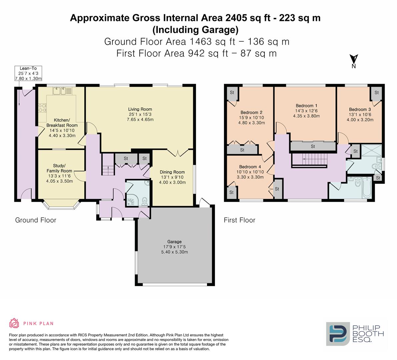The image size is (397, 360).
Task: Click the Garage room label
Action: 174,247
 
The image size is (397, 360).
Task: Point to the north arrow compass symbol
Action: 354,61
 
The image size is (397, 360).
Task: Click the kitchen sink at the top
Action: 62,90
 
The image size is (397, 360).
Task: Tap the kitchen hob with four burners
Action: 42,108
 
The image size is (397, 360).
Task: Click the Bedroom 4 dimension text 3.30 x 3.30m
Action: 250,177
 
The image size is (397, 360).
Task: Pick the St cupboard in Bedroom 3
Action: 377,93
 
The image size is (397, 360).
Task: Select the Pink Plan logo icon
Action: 14,323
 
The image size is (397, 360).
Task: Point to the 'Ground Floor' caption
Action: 36,220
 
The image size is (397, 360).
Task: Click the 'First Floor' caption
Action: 239,220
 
